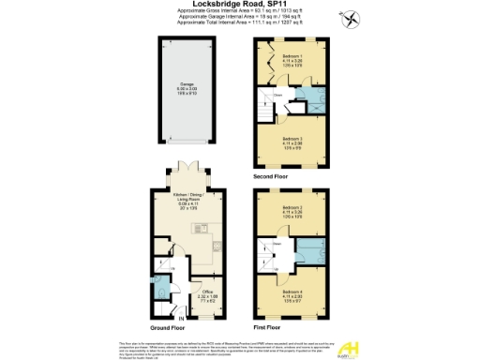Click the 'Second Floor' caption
[272, 175]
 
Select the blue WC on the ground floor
[164, 286]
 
